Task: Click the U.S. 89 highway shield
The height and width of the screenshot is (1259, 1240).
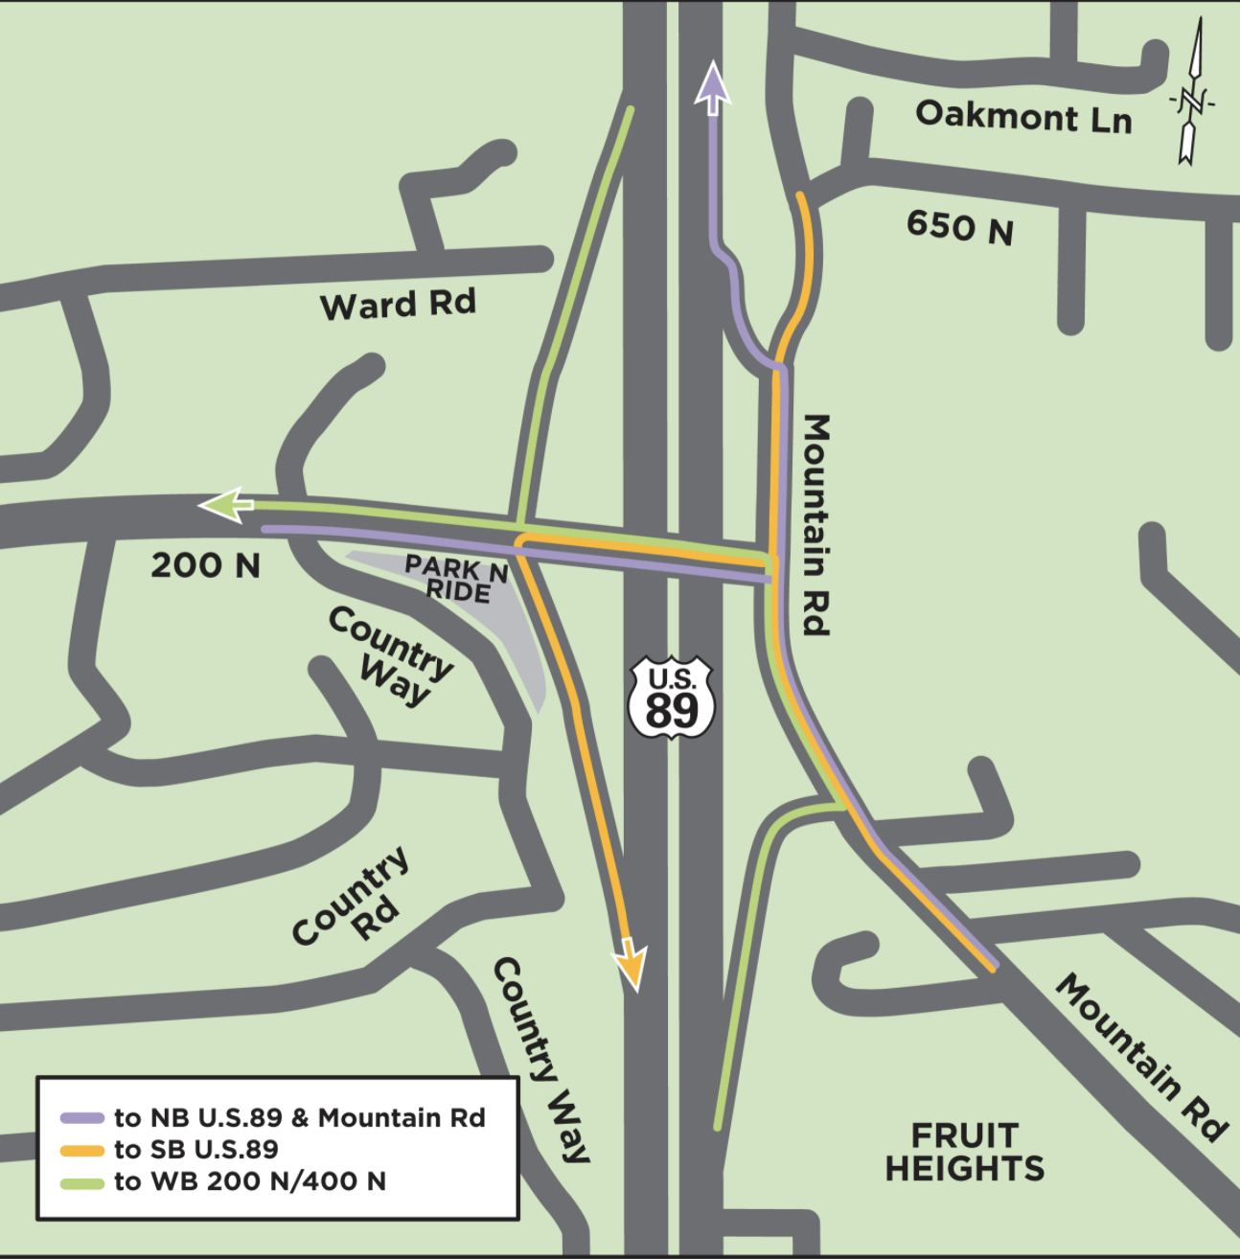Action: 671,697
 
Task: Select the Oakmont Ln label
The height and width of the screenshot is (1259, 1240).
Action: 1023,116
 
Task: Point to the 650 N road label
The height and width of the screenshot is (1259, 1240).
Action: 959,228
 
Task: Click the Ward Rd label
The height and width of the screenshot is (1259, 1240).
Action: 398,305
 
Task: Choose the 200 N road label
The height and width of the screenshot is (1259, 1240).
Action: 205,565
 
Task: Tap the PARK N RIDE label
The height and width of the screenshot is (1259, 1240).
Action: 456,579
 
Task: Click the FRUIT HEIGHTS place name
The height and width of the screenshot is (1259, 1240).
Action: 964,1152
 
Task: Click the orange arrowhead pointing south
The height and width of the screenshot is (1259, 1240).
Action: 630,962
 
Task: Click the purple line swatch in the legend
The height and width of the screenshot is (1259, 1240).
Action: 81,1118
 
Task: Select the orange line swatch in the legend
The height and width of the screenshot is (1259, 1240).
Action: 81,1150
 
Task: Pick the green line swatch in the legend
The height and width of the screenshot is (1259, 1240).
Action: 81,1182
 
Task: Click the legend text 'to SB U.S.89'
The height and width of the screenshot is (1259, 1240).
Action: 195,1150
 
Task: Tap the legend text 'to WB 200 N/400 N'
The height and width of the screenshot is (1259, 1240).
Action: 249,1182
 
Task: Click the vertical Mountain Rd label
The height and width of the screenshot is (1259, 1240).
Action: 815,524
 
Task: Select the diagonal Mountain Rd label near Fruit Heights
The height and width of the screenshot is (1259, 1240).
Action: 1141,1057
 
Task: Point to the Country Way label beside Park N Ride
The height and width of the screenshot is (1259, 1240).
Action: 390,657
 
